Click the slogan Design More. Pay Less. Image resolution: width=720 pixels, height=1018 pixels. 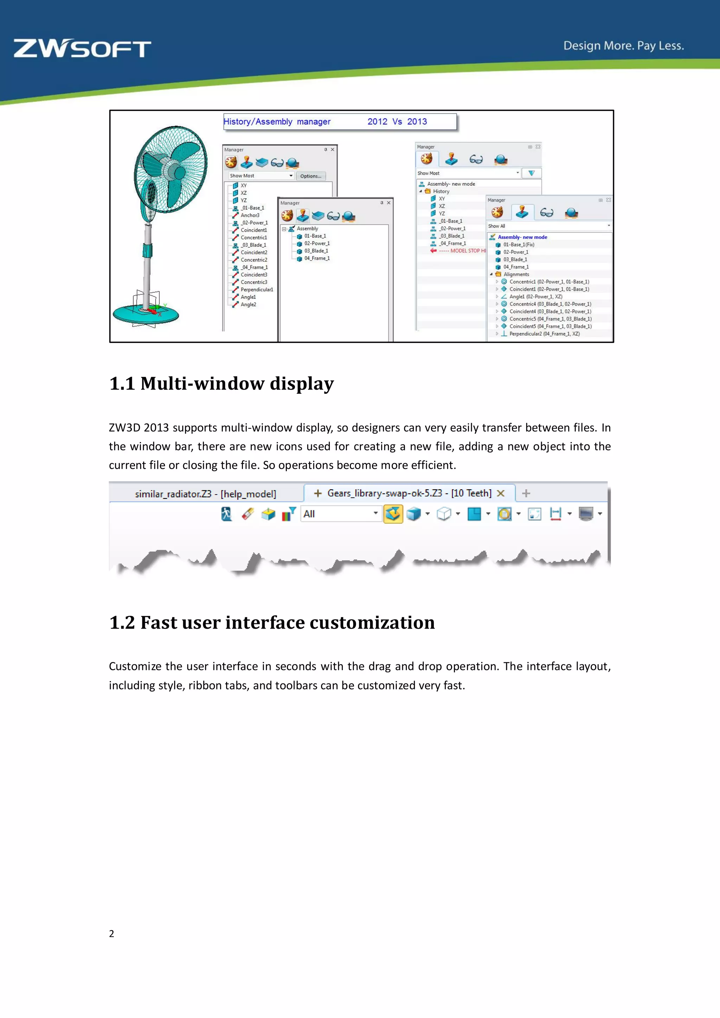coord(623,46)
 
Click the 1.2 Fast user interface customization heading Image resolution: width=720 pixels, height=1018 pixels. coord(272,623)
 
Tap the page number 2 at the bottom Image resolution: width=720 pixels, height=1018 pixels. coord(112,933)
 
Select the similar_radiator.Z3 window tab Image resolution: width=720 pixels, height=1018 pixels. coord(205,494)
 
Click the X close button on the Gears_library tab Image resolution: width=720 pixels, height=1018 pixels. coord(501,493)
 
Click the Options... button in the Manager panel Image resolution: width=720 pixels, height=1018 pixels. coord(310,176)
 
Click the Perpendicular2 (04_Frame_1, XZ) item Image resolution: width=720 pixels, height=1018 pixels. coord(544,334)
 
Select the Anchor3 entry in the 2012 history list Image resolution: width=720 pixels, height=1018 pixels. coord(250,215)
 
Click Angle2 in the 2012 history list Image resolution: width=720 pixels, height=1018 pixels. coord(248,305)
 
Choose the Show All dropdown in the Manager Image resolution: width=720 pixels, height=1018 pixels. coord(549,226)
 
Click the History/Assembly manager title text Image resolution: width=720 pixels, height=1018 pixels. coord(277,122)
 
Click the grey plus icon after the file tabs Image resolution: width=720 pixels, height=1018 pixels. coord(526,493)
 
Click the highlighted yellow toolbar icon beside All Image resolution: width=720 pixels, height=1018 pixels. coord(393,514)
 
